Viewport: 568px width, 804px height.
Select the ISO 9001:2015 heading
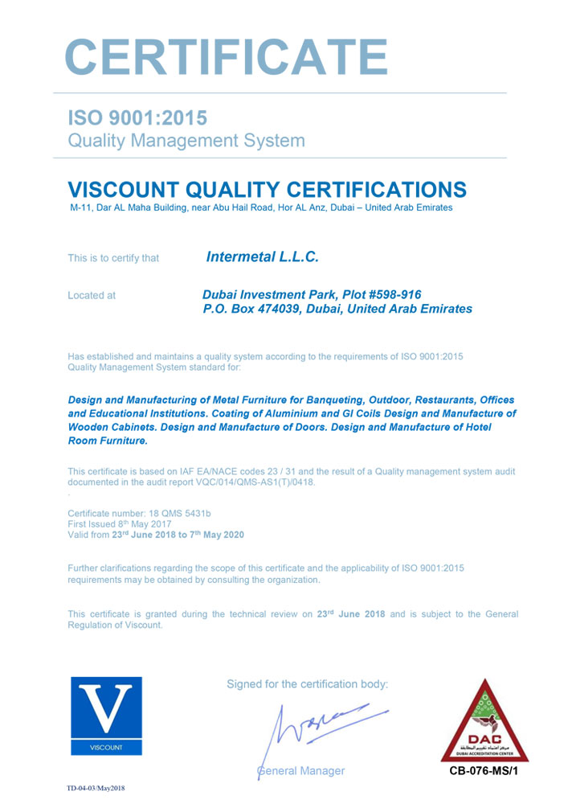(x=137, y=117)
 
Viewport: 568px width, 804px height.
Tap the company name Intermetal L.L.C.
(x=263, y=257)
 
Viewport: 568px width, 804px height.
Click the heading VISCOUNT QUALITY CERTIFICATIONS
(x=267, y=190)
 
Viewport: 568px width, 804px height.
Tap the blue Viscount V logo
(x=107, y=716)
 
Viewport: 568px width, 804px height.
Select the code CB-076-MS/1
(x=484, y=772)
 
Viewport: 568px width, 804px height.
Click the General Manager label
(x=300, y=771)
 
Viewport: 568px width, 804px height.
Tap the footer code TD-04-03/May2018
(x=96, y=789)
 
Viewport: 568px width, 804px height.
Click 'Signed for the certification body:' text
(x=307, y=684)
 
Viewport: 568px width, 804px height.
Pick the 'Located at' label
(x=92, y=295)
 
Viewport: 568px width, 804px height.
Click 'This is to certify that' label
(x=113, y=258)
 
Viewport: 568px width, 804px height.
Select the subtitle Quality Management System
(x=186, y=141)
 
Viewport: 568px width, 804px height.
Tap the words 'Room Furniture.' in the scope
(x=108, y=441)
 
